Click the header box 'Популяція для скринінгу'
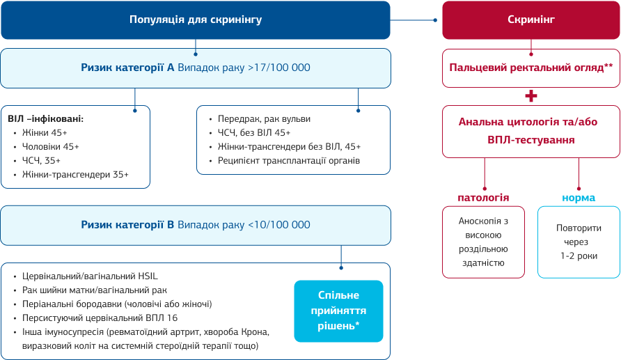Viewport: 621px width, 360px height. (x=196, y=19)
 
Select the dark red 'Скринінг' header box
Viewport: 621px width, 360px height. (x=531, y=19)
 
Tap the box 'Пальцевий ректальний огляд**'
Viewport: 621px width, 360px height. (x=531, y=68)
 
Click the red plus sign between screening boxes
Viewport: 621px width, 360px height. (x=531, y=96)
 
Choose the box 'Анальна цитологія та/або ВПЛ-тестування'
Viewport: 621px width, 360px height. (x=531, y=130)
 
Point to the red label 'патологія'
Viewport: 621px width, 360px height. (x=483, y=198)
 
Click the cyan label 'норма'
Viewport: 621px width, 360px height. (x=579, y=198)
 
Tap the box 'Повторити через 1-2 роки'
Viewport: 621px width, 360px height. (x=579, y=242)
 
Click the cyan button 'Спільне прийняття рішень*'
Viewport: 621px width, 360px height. (x=338, y=311)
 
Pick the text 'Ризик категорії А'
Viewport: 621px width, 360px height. (x=128, y=68)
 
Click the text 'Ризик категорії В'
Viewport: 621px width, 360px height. (x=127, y=225)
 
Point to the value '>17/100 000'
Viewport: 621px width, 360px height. (x=278, y=68)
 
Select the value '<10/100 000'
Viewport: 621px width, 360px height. (x=278, y=225)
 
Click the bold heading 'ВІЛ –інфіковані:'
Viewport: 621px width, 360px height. (x=46, y=118)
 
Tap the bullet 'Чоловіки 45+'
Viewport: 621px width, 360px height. (x=51, y=146)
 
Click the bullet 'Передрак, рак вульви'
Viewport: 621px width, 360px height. (x=264, y=118)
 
